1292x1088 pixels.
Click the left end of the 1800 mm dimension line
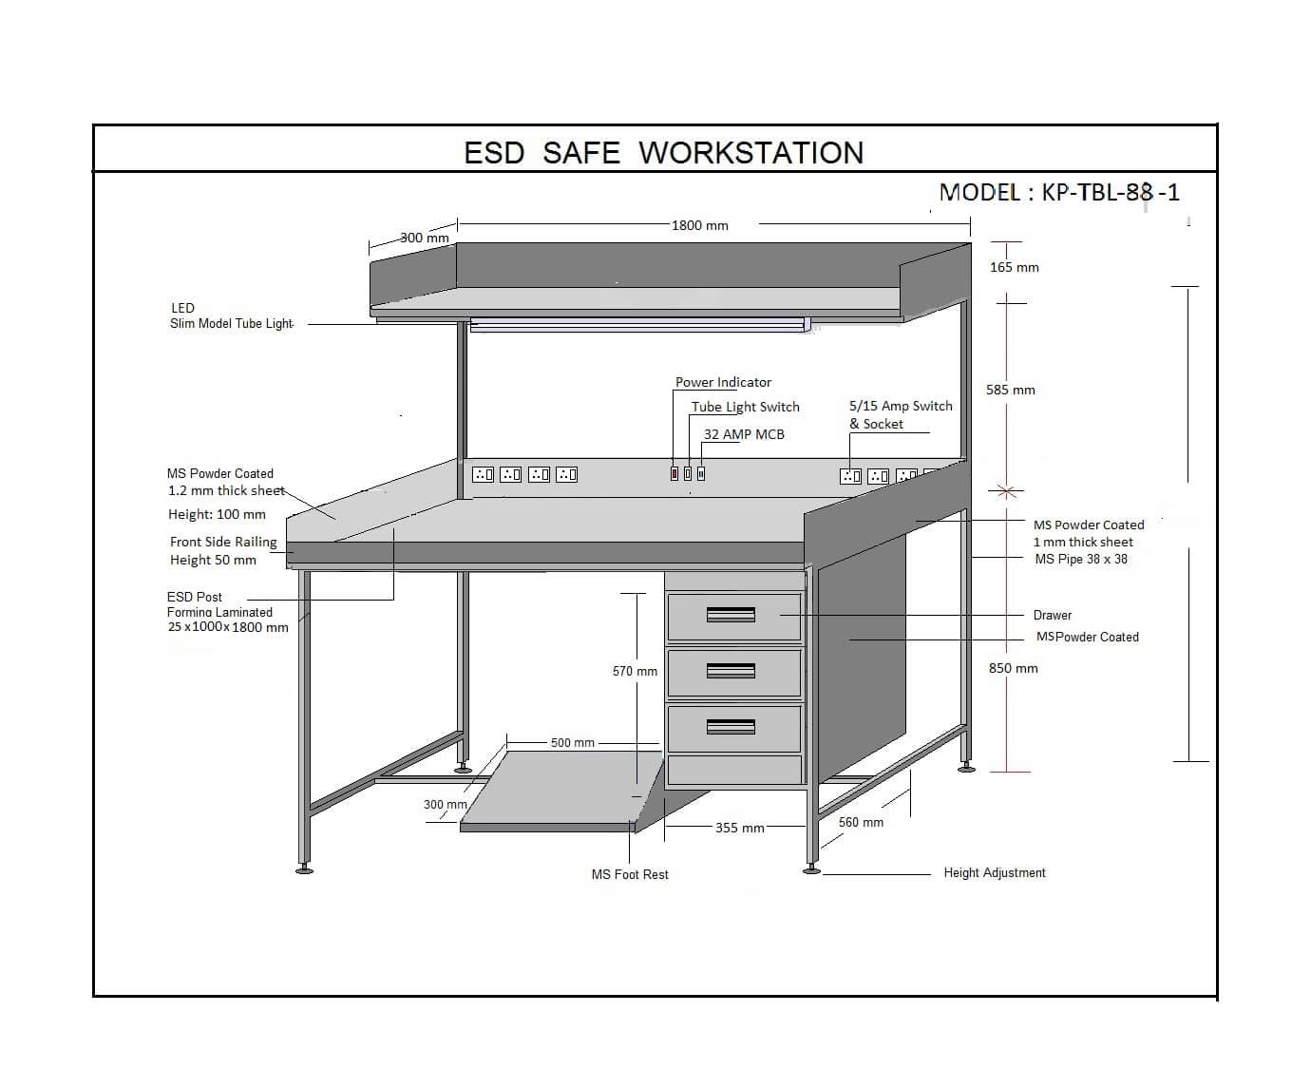click(457, 224)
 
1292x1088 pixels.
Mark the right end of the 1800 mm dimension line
click(970, 224)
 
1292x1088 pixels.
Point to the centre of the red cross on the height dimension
click(1006, 492)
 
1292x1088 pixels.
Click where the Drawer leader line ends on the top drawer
click(780, 615)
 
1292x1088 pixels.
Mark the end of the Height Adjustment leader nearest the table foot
click(823, 874)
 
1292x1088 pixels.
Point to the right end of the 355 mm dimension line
click(806, 826)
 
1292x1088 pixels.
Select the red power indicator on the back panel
click(674, 473)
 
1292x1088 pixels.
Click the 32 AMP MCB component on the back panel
click(701, 473)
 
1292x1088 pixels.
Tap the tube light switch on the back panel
click(688, 473)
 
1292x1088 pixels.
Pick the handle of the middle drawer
click(731, 670)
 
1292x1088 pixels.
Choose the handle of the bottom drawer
click(731, 726)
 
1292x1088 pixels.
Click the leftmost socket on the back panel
click(483, 475)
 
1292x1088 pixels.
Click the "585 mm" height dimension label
click(1011, 390)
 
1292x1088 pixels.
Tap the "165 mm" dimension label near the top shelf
click(1015, 267)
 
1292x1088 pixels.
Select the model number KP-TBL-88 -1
click(1111, 193)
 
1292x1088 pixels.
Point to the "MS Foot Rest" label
click(630, 874)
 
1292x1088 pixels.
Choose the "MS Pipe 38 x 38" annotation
click(1081, 559)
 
